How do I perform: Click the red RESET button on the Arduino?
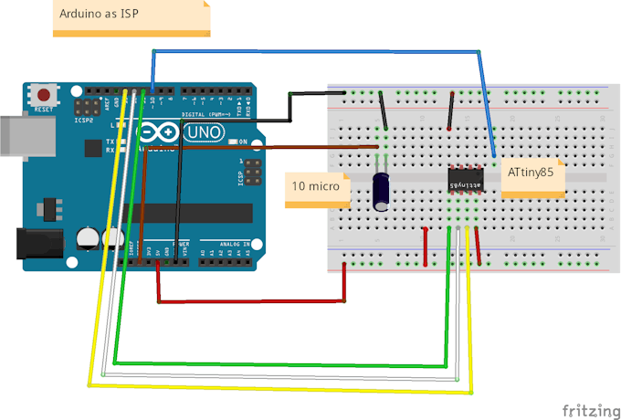click(x=43, y=94)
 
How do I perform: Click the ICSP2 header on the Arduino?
click(x=88, y=107)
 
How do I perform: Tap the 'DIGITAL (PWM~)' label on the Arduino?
click(x=206, y=113)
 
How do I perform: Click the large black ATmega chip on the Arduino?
click(x=201, y=214)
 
